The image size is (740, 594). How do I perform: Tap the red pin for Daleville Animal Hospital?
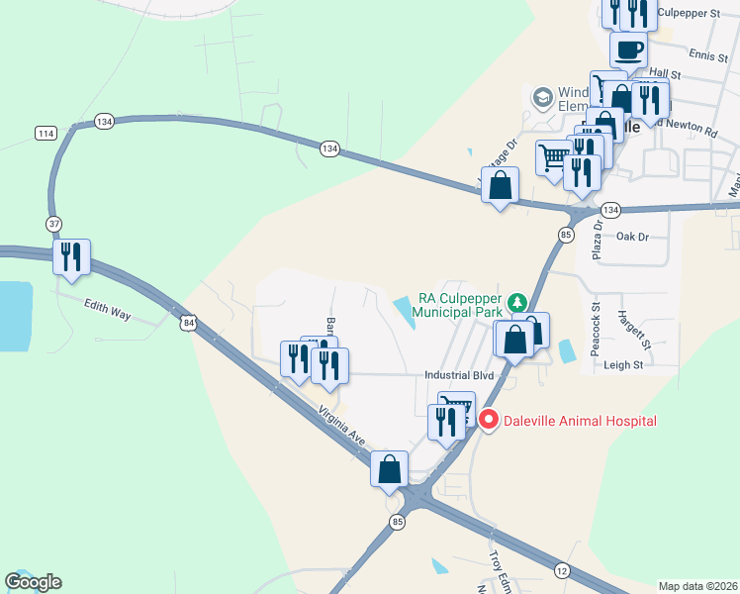point(488,421)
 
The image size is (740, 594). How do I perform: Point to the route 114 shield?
point(44,133)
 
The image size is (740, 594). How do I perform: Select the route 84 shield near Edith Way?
point(189,322)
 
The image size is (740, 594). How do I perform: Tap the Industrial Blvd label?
point(458,375)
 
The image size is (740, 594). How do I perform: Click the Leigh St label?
point(623,364)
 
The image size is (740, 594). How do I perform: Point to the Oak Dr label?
point(631,237)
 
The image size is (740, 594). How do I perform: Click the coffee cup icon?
point(628,49)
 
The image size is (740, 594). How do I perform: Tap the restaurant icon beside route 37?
point(71,256)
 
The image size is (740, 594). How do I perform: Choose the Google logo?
point(33,582)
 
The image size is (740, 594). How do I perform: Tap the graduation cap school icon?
point(542,98)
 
